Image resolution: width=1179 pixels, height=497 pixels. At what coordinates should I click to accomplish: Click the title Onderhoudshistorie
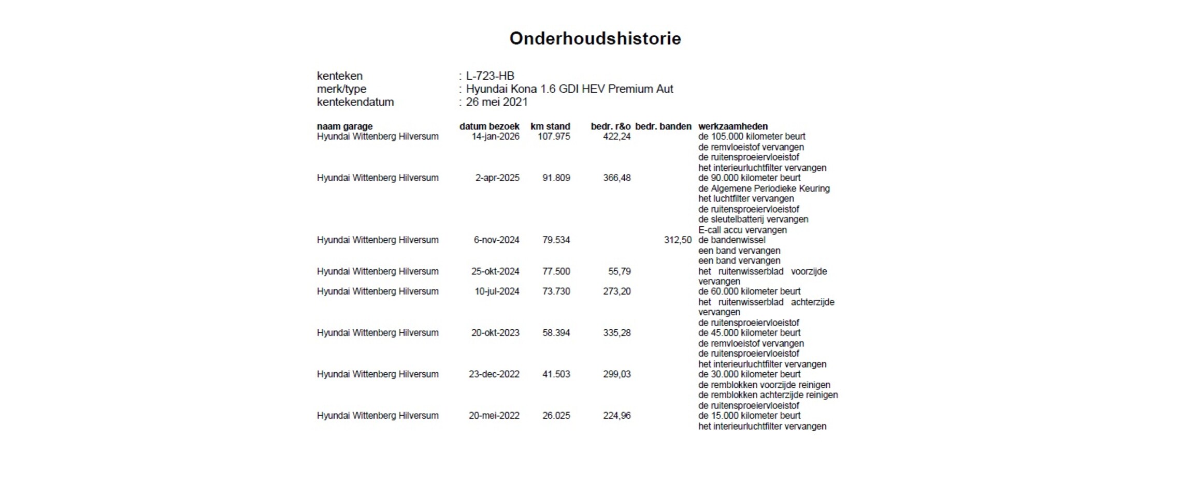point(595,38)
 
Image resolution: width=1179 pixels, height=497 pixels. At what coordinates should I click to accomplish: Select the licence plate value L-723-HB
point(490,76)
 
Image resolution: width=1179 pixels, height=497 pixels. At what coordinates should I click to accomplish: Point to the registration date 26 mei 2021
point(496,102)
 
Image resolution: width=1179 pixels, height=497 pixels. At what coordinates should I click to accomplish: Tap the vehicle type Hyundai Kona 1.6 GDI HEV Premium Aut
point(569,89)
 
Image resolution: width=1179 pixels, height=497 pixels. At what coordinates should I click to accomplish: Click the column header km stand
point(550,126)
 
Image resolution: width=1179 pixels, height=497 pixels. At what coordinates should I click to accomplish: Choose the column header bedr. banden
point(663,126)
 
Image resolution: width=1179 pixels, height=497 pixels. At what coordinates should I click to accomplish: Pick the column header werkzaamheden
point(732,126)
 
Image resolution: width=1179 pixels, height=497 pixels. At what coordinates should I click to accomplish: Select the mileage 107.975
point(553,137)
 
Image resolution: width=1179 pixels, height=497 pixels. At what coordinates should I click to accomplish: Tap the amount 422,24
point(616,137)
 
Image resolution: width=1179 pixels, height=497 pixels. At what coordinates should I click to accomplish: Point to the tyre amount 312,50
point(678,240)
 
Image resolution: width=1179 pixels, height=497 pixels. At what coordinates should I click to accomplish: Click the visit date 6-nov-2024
point(496,240)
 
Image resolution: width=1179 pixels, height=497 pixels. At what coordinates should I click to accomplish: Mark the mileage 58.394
point(556,333)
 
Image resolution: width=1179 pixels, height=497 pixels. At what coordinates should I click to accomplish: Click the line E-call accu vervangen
point(742,230)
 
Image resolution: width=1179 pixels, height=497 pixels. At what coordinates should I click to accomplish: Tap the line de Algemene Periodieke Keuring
point(764,188)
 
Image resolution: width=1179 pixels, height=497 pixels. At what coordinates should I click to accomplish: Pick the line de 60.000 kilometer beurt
point(749,291)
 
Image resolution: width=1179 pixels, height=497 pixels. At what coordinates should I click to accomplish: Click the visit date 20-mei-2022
point(494,416)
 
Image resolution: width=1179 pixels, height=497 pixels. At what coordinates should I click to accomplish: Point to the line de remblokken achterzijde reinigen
point(768,395)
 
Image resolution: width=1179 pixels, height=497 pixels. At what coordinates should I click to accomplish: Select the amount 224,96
point(616,416)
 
